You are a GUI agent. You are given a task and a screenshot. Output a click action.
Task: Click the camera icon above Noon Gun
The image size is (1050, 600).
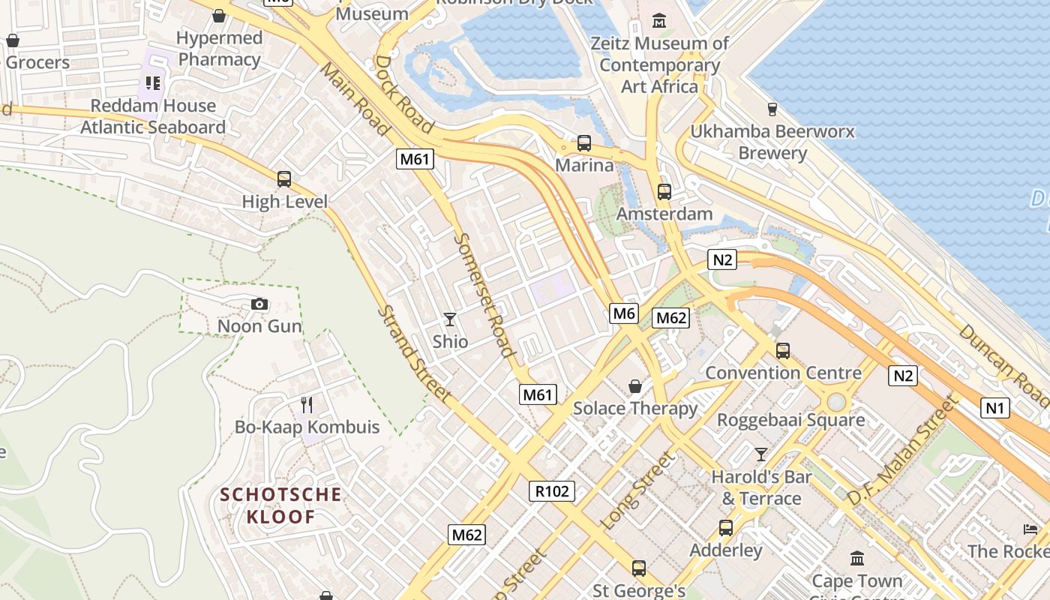tap(259, 304)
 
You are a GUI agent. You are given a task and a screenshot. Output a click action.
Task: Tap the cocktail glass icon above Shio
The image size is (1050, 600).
tap(450, 319)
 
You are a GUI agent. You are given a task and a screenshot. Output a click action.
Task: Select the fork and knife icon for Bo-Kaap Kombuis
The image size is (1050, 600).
tap(307, 405)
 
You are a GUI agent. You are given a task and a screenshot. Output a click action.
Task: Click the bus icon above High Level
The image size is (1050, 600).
tap(284, 179)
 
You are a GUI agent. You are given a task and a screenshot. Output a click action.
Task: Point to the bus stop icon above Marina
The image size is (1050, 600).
tap(583, 142)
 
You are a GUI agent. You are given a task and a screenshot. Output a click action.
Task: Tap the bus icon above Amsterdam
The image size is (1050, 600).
tap(664, 191)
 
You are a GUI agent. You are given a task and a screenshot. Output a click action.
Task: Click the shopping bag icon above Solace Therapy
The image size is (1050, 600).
tap(635, 386)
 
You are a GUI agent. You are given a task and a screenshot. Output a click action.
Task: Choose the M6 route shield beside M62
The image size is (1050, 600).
tap(624, 313)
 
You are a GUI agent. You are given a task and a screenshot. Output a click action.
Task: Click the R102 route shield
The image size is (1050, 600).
tap(553, 491)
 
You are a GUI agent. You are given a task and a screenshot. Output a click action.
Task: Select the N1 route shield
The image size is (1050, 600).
tap(994, 408)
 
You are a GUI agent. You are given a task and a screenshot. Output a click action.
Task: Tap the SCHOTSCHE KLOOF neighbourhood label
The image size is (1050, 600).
tap(280, 505)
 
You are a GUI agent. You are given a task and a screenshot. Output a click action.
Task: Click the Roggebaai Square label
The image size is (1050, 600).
tap(790, 420)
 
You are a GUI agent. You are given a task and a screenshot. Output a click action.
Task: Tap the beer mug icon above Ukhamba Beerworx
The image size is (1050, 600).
tap(772, 109)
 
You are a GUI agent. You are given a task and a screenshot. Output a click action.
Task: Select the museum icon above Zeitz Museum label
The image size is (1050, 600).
tap(659, 21)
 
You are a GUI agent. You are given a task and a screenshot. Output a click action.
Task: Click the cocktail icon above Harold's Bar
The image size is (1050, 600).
tap(761, 454)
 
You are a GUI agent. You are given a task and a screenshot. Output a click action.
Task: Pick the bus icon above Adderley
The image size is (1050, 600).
tap(725, 527)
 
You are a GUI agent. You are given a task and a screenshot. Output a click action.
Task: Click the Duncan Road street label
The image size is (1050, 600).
tap(1005, 366)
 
